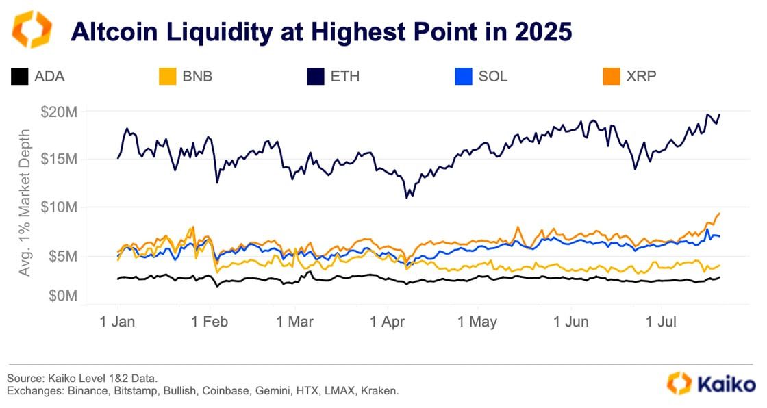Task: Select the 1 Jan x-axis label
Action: tap(117, 321)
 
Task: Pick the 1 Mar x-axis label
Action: tap(296, 321)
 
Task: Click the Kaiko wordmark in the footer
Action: tap(726, 383)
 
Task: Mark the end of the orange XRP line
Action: tap(719, 214)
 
